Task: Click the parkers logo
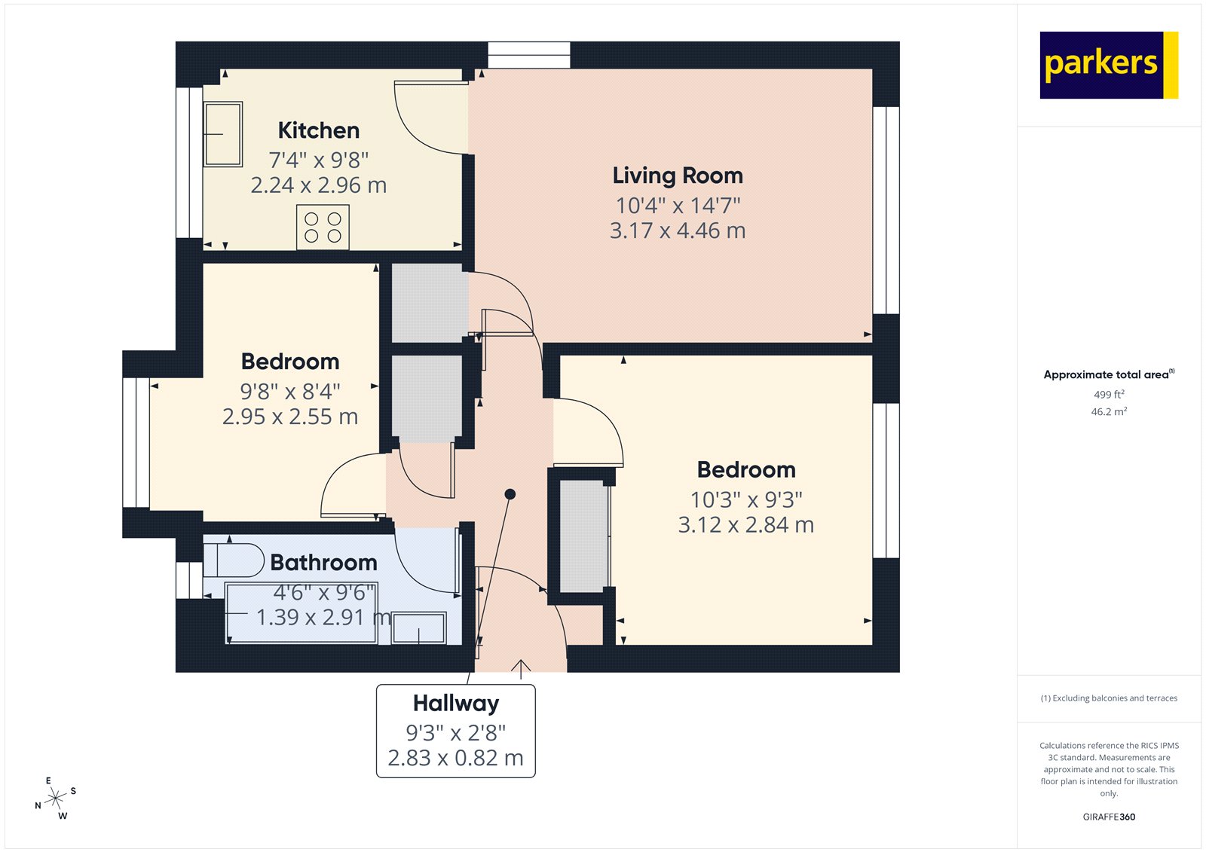pos(1108,65)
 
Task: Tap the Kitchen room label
pos(318,130)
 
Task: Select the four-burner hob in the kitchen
pos(323,228)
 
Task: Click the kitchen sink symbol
pos(223,134)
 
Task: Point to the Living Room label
pos(677,176)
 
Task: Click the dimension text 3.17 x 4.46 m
pos(677,231)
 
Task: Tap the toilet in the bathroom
pos(234,560)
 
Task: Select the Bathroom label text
pos(323,563)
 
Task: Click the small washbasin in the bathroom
pos(418,628)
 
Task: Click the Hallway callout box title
pos(455,704)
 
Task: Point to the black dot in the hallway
pos(510,494)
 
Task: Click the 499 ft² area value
pos(1109,395)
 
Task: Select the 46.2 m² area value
pos(1109,412)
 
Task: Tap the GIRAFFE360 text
pos(1109,817)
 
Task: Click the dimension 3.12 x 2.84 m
pos(745,525)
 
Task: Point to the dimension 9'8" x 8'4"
pos(290,392)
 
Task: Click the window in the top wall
pos(528,55)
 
